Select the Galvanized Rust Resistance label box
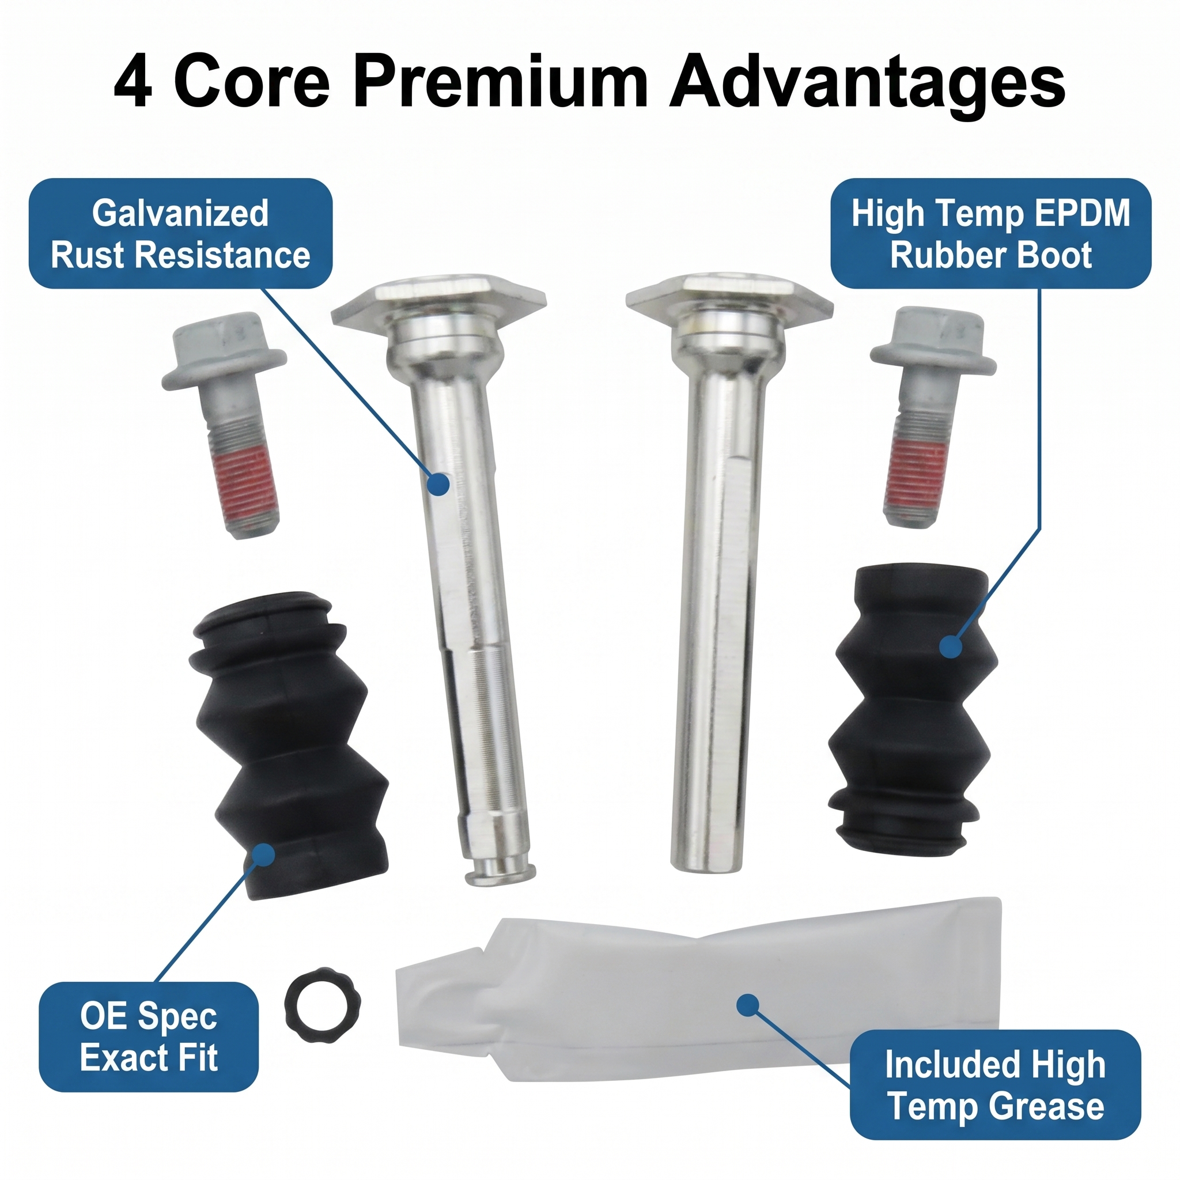181,233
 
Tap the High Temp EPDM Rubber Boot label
990,233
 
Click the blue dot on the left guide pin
438,484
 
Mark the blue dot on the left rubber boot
263,854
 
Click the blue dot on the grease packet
747,1005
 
